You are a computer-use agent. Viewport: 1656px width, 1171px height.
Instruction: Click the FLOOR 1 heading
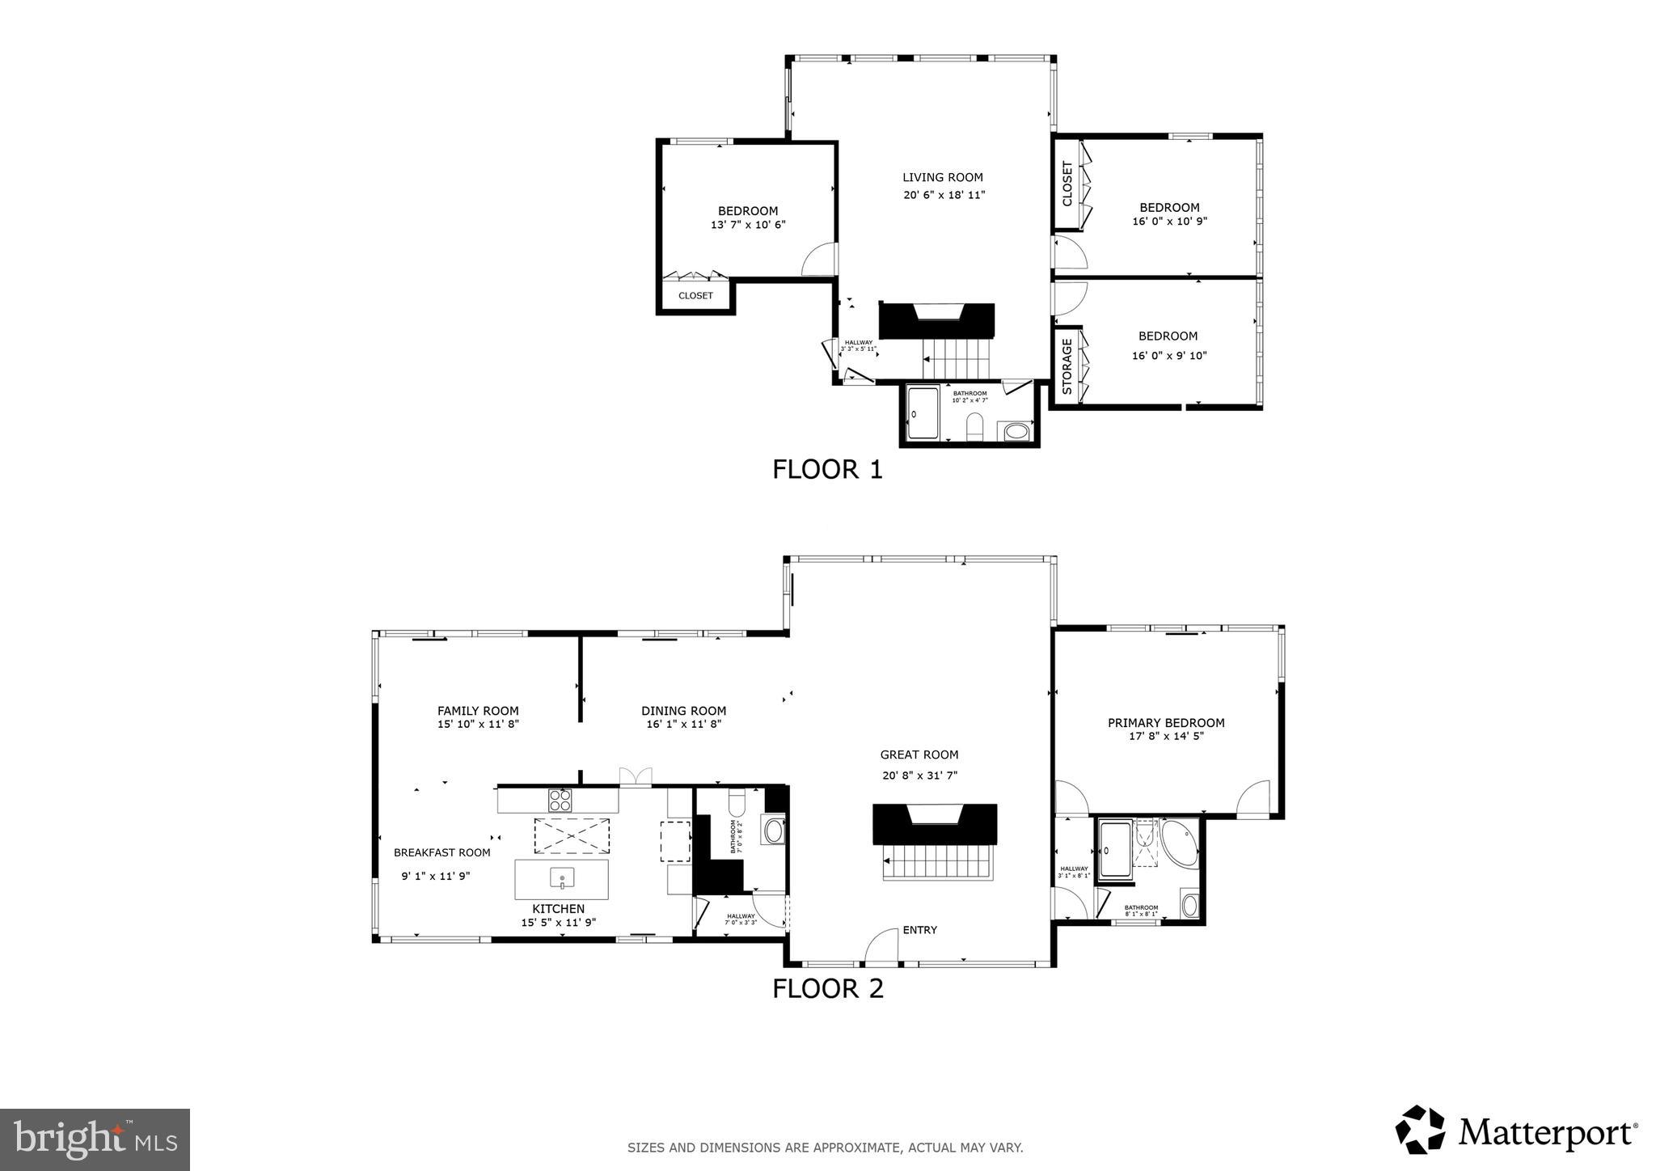click(x=826, y=469)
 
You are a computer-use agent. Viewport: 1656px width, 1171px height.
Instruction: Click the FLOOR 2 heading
click(x=827, y=988)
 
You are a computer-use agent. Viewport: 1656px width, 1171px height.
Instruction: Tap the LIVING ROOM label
click(x=942, y=177)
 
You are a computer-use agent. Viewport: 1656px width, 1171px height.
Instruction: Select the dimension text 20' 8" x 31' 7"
click(x=919, y=776)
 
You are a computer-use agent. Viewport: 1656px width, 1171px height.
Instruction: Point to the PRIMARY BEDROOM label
click(x=1165, y=723)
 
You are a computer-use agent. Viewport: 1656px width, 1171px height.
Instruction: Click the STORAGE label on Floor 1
click(x=1066, y=366)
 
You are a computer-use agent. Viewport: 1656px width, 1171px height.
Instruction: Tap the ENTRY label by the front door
click(x=919, y=930)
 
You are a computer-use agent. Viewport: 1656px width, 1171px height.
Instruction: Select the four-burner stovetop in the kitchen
click(x=560, y=801)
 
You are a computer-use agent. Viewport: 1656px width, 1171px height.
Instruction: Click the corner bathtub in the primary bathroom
click(x=1181, y=841)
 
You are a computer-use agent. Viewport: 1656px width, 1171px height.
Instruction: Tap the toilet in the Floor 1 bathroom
click(x=974, y=426)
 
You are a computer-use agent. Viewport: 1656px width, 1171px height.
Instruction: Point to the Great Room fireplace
click(x=934, y=823)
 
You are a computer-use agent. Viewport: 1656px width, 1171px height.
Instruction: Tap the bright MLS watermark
click(x=95, y=1139)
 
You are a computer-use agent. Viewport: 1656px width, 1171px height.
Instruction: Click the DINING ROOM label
click(x=683, y=711)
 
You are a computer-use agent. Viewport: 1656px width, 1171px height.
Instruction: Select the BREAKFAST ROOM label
click(x=441, y=852)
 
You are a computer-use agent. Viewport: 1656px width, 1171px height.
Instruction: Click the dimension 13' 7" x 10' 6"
click(x=748, y=225)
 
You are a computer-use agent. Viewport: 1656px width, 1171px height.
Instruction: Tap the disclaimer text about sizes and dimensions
click(x=825, y=1148)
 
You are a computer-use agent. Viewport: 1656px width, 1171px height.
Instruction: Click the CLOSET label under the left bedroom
click(x=695, y=296)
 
